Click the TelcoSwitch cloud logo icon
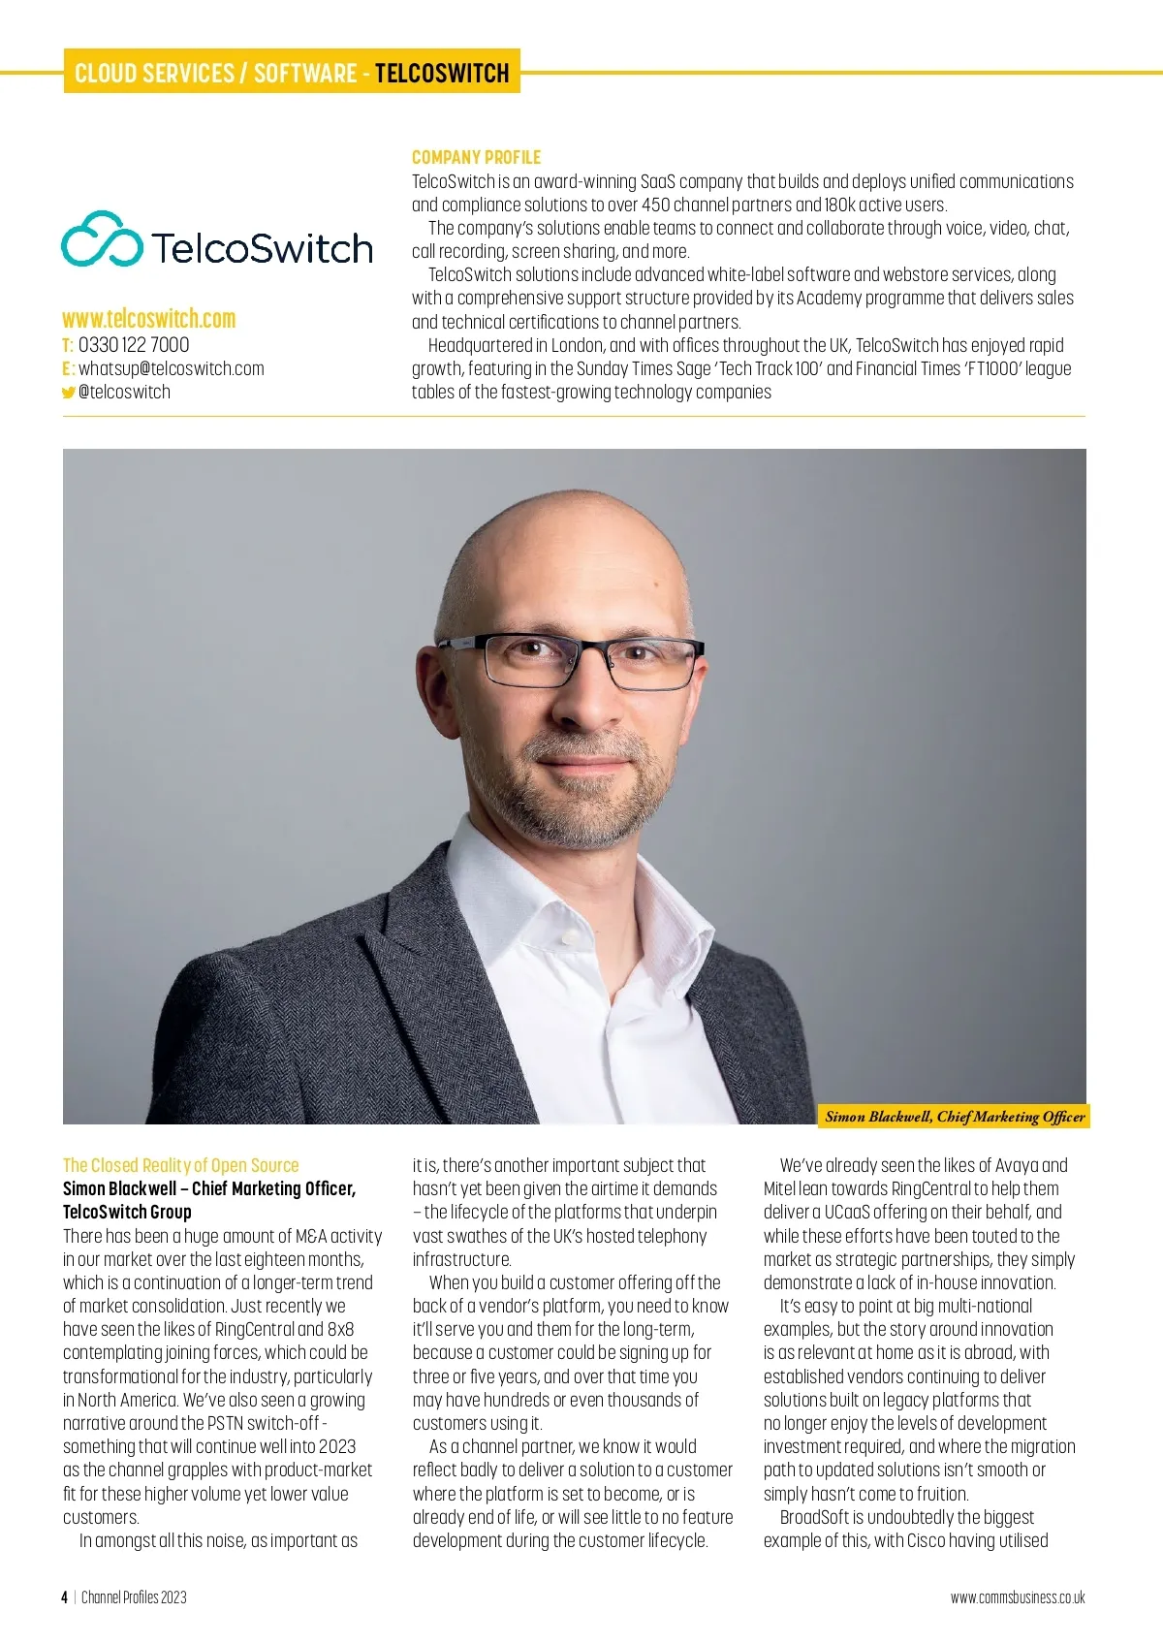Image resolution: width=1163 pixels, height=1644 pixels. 102,238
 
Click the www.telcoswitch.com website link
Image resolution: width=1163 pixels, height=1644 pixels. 149,319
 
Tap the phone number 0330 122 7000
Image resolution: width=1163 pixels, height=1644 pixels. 134,345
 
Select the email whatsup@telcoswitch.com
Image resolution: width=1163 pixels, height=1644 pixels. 171,368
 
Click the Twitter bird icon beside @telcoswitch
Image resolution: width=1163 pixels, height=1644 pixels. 68,393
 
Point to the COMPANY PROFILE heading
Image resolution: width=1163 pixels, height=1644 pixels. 476,157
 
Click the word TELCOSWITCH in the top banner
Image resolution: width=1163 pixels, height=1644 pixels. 442,73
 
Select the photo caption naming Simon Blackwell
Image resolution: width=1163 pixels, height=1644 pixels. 955,1117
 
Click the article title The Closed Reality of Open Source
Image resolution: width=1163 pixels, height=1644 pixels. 180,1165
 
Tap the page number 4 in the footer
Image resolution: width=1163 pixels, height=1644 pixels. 64,1597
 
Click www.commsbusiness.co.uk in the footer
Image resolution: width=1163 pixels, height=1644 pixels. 1018,1597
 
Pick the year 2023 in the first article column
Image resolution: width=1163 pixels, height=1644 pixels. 336,1446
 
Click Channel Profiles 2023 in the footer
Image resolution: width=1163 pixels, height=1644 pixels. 134,1597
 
